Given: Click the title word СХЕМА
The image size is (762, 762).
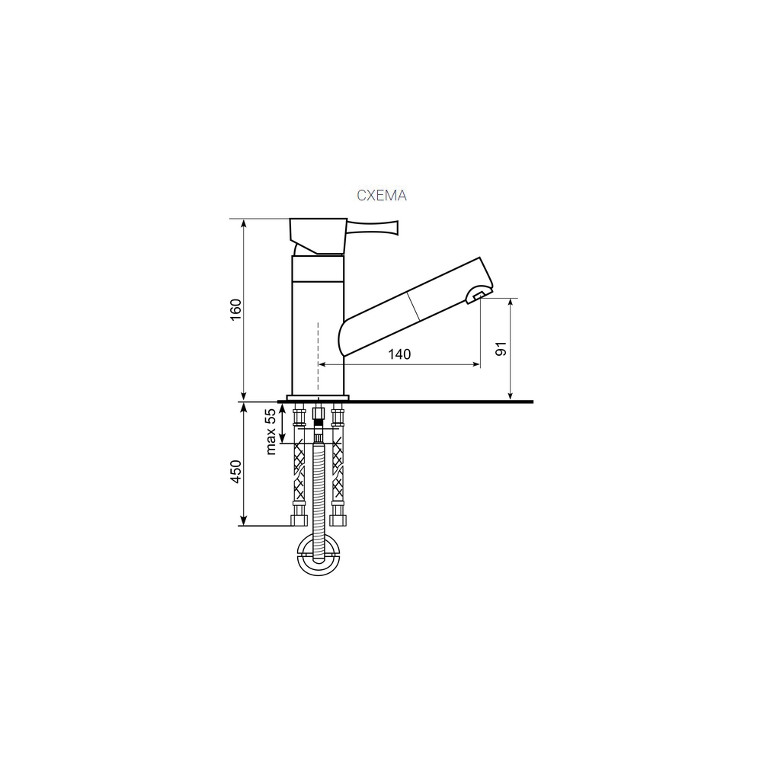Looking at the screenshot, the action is pos(382,195).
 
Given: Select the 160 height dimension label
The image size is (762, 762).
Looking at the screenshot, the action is pos(235,309).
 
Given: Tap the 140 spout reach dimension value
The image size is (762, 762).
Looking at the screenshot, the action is pos(399,354).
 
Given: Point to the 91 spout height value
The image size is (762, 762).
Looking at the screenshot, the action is pos(501,348).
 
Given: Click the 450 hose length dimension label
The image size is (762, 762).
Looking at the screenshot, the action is pos(235,471).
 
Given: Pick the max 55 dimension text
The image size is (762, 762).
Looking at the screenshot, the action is pos(271,431).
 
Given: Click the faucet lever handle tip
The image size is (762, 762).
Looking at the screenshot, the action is pos(396,227).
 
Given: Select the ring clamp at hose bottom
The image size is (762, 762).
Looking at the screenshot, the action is pos(318,555).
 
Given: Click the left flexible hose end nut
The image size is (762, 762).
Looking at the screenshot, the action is pos(299,520).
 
